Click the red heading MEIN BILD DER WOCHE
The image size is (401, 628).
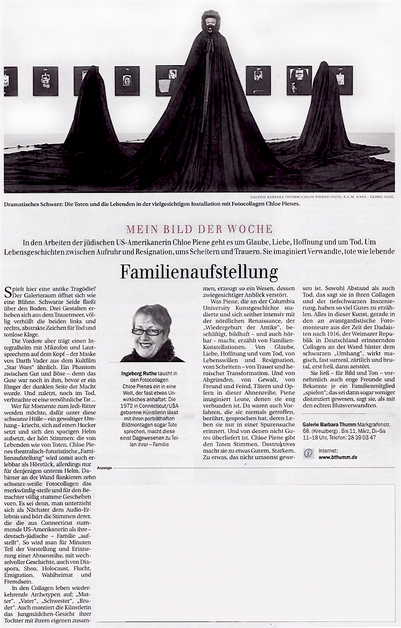tap(199, 229)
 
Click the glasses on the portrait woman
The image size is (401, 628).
tap(148, 332)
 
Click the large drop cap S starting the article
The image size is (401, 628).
tap(7, 292)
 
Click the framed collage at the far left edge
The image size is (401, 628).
tap(10, 80)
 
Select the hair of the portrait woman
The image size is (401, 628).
tap(151, 314)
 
